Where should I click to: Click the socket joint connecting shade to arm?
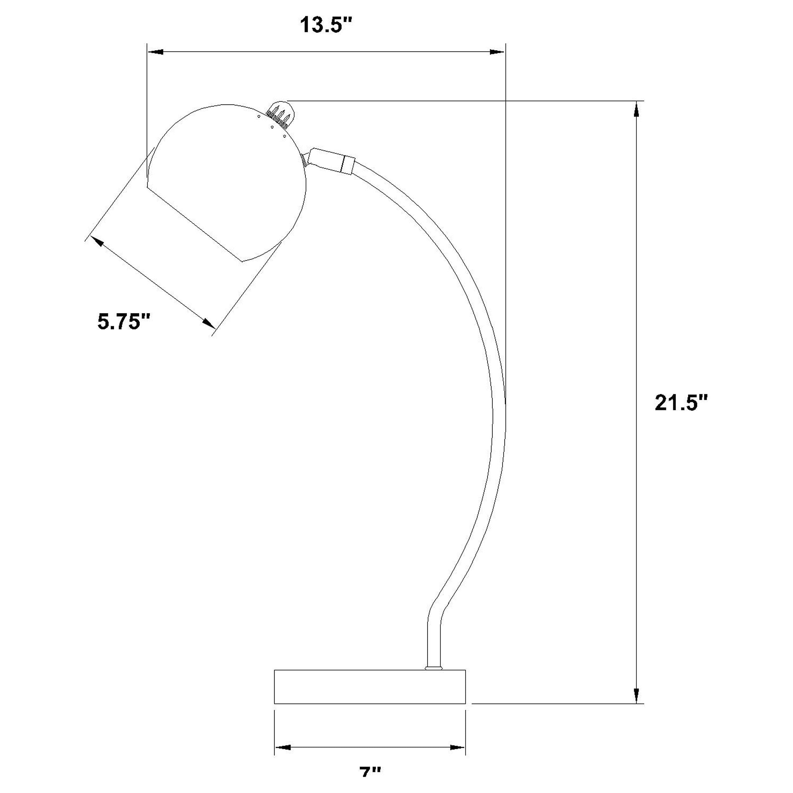[x=331, y=162]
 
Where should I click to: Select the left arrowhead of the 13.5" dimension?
[x=156, y=52]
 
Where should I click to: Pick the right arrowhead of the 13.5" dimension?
[x=497, y=52]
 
